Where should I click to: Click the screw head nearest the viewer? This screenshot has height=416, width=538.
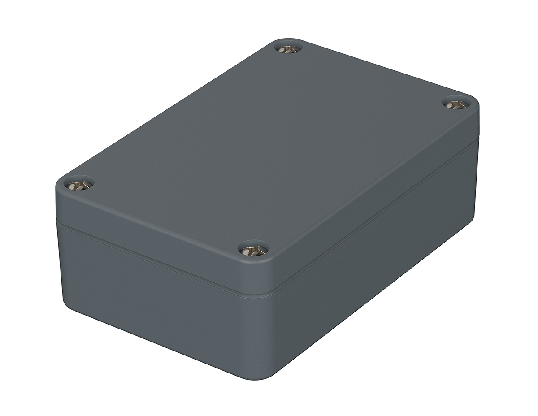pos(253,250)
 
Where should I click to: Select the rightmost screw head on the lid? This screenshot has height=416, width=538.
pos(456,105)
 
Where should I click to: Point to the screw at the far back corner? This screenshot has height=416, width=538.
pos(288,48)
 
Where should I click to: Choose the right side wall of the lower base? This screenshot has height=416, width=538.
pos(381,260)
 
